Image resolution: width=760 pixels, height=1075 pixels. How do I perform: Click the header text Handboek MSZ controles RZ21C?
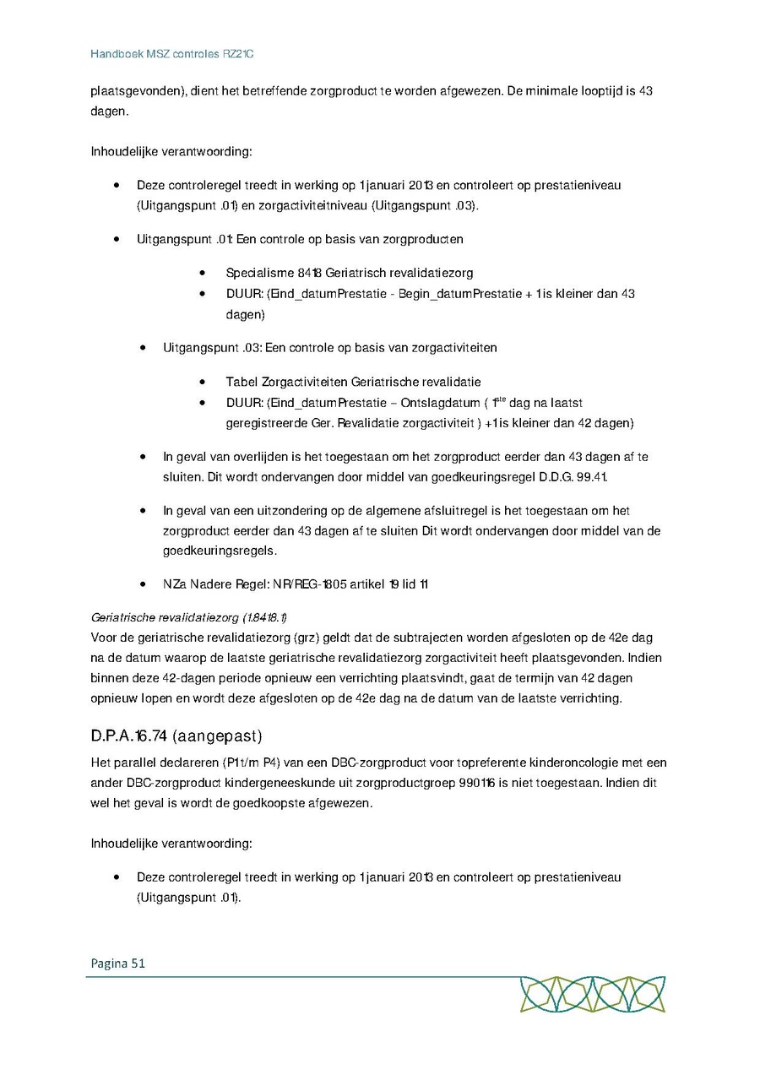click(x=172, y=54)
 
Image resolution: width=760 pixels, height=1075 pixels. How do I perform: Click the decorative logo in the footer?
click(x=592, y=994)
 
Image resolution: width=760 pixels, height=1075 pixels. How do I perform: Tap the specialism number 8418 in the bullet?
click(x=309, y=273)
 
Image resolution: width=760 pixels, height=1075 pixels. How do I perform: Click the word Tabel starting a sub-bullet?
click(x=242, y=382)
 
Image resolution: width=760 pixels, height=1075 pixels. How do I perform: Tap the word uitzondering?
click(x=263, y=511)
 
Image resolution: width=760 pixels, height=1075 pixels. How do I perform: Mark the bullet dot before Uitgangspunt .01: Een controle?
click(x=117, y=239)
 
